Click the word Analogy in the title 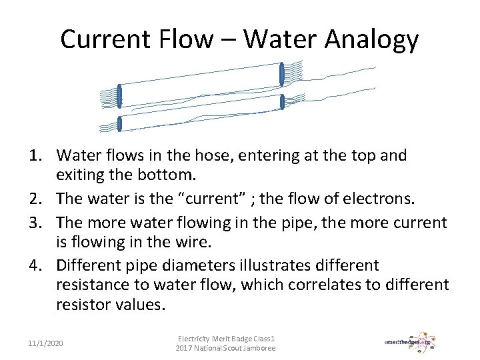coord(372,40)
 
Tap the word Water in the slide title coord(280,40)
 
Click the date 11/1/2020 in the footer coord(46,343)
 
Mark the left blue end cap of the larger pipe coord(119,96)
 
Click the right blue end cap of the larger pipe coord(282,73)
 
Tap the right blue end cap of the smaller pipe coord(283,102)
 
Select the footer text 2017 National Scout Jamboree coord(225,349)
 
